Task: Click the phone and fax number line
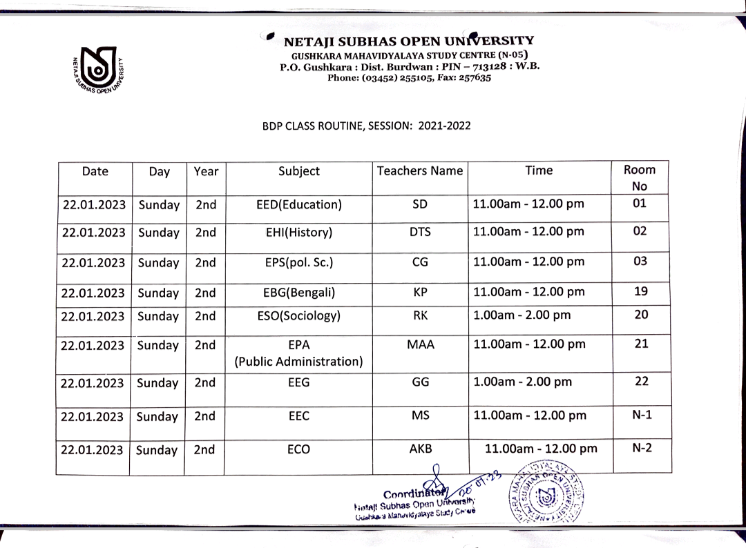point(409,78)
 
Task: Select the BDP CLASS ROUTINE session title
point(367,126)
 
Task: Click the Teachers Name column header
point(420,170)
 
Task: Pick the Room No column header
point(640,177)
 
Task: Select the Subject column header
point(299,170)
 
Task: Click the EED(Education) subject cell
point(299,204)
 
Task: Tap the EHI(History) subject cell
point(299,233)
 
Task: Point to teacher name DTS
point(420,233)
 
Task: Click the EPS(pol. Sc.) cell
point(299,262)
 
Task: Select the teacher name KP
point(420,292)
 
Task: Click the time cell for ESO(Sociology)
point(522,315)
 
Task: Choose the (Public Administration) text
point(299,361)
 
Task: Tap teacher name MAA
point(420,344)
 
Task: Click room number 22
point(641,381)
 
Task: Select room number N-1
point(642,414)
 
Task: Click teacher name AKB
point(420,449)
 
